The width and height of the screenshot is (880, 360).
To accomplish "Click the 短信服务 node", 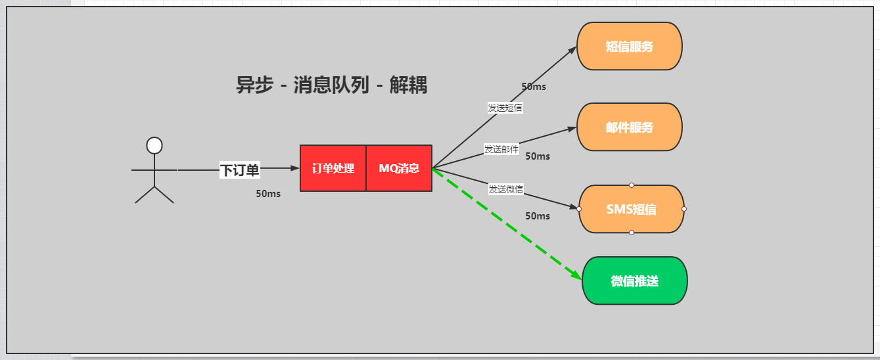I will coord(629,46).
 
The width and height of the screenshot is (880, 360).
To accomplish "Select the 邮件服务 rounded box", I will coord(629,127).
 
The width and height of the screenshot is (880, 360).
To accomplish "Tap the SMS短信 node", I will coord(631,209).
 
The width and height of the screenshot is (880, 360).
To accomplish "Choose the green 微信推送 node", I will coord(634,281).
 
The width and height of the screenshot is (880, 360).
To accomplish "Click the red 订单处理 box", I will coord(333,168).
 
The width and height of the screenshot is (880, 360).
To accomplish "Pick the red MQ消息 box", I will coord(399,168).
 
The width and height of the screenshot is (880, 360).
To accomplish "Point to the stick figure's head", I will coord(154,145).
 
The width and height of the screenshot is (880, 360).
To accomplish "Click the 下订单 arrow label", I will coord(239,171).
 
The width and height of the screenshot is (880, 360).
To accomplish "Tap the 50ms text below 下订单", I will coord(268,194).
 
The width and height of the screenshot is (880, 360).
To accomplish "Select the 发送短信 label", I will coord(505,108).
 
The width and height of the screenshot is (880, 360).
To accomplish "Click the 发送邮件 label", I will coord(501,149).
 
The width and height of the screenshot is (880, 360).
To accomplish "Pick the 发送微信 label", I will coord(505,189).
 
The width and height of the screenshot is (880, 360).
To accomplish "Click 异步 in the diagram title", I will coord(254,85).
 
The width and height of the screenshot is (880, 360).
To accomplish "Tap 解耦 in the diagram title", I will coord(408,85).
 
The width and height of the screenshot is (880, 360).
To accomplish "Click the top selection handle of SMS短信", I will coord(631,185).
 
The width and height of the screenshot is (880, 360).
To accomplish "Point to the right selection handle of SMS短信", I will coord(684,209).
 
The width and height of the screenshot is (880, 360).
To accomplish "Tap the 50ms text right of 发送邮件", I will coord(538,156).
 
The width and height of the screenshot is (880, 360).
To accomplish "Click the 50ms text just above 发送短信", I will coord(534,87).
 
